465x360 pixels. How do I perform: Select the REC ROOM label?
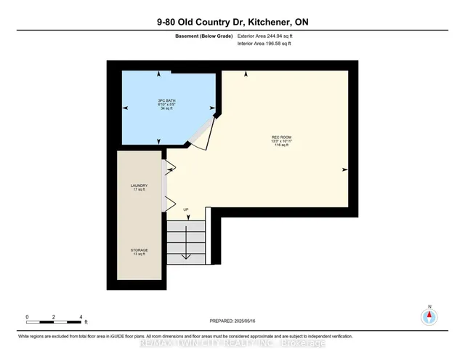point(283,137)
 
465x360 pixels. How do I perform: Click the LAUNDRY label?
point(139,186)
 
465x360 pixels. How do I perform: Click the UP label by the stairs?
point(186,210)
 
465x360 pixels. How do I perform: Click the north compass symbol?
point(429,316)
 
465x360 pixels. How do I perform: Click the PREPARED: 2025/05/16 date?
point(232,321)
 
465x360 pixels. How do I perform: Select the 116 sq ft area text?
point(283,145)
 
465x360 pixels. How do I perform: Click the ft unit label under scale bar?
point(86,322)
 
